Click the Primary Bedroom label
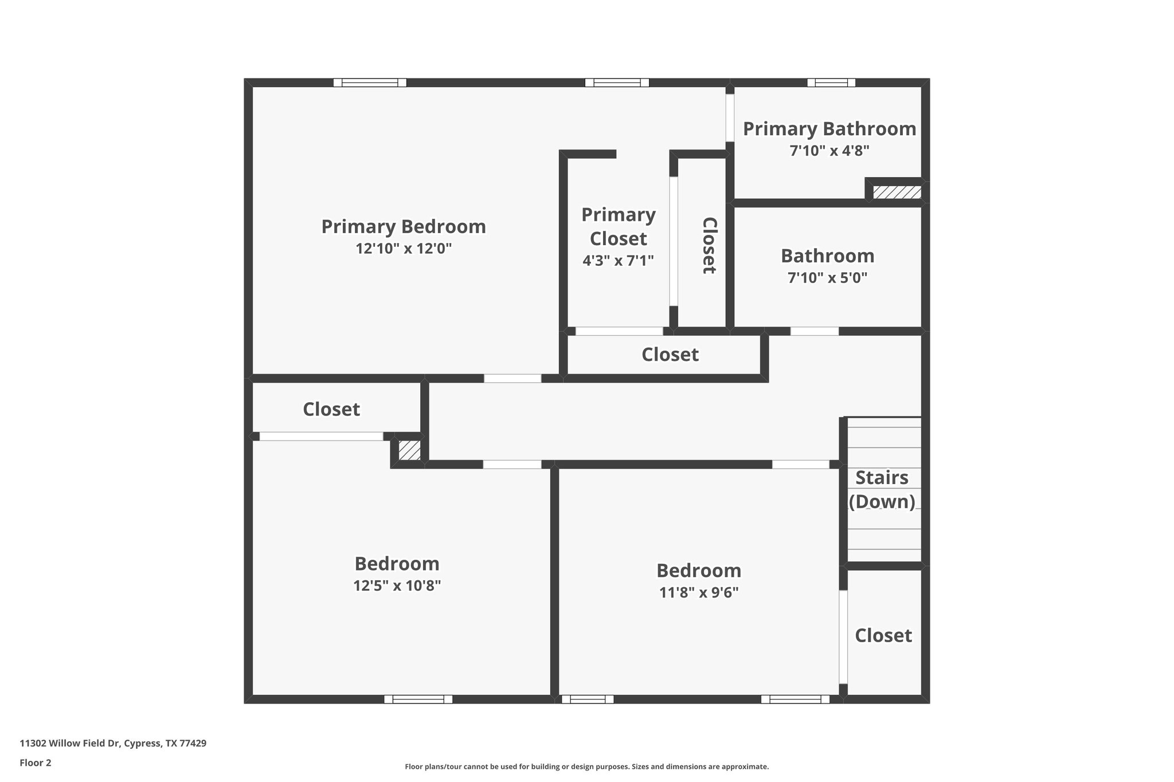coord(404,227)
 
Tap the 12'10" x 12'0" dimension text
coord(404,249)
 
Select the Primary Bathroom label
coord(829,129)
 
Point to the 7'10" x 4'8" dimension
coord(829,151)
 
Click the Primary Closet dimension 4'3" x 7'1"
coord(618,261)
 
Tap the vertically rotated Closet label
coord(709,245)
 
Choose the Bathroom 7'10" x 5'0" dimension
coord(827,278)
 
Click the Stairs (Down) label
coord(882,489)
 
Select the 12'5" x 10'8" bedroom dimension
coord(397,586)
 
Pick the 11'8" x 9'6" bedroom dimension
coord(698,592)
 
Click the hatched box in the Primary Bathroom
coord(897,192)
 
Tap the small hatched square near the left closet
coord(409,450)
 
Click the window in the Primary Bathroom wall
coord(831,82)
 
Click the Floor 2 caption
coord(36,763)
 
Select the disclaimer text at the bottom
coord(586,767)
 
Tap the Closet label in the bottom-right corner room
coord(883,635)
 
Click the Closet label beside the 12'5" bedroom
coord(331,409)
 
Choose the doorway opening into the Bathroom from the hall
coord(814,331)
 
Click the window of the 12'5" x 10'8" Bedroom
coord(418,699)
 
